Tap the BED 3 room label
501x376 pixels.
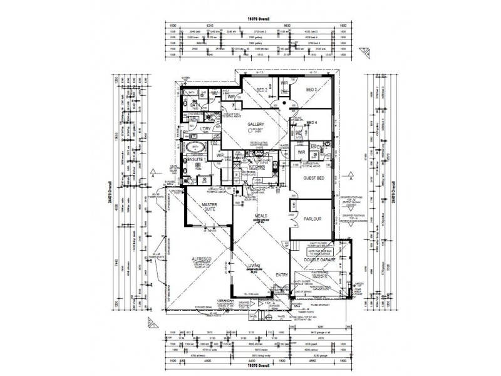[x=312, y=90]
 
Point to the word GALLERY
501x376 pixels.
[x=255, y=124]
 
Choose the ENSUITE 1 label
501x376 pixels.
[x=196, y=160]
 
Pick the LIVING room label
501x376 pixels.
[x=255, y=266]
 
